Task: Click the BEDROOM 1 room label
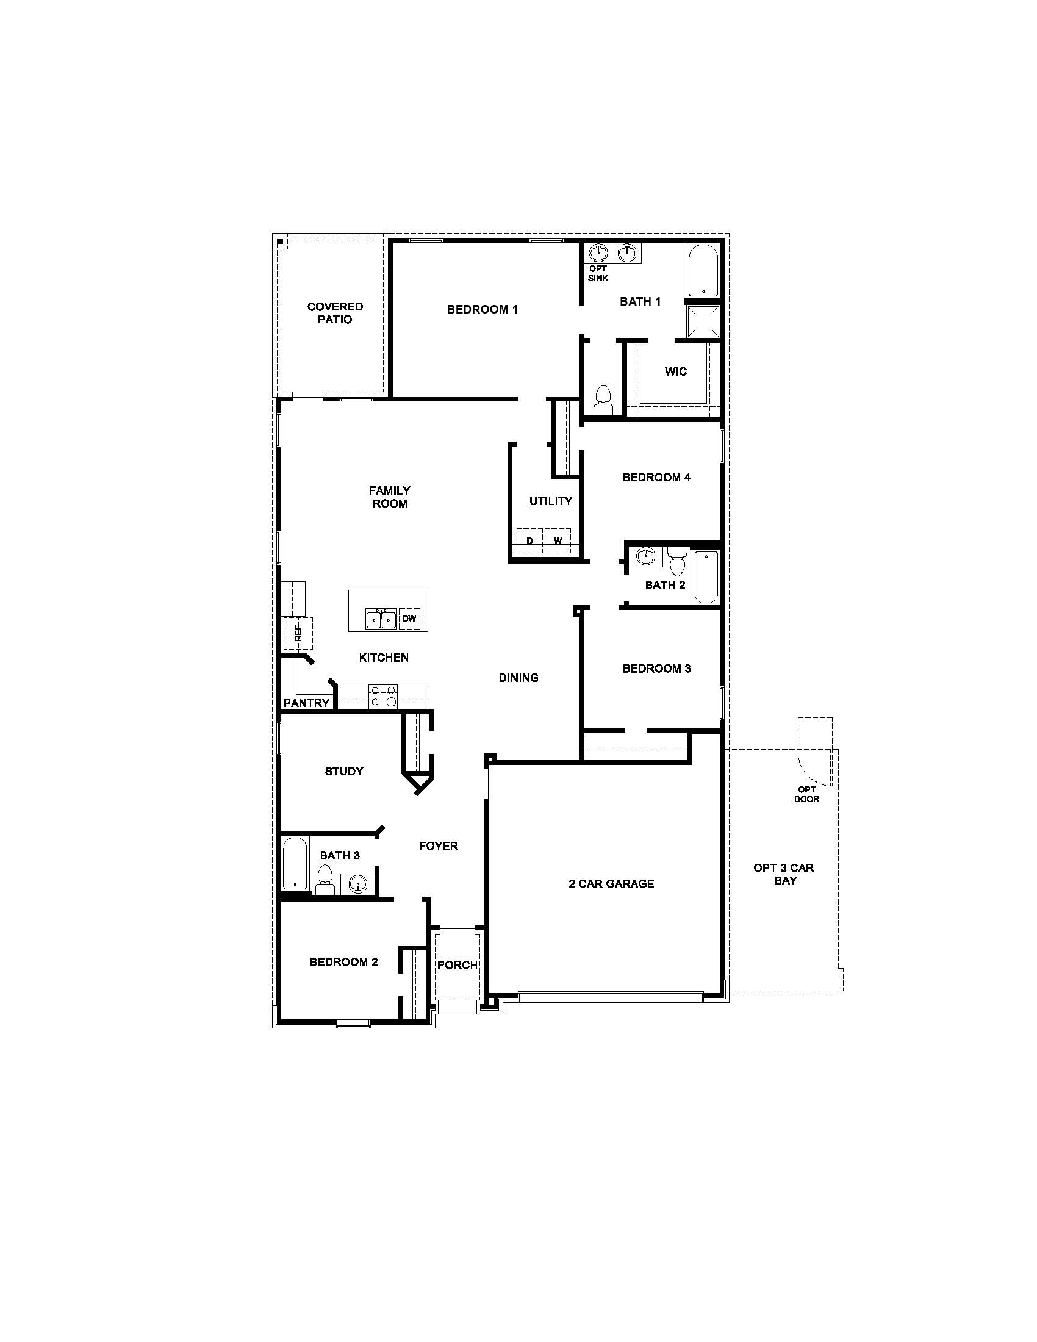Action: (483, 310)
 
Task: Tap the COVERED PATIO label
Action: (335, 313)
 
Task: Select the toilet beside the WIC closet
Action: (603, 400)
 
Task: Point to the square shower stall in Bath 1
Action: (703, 321)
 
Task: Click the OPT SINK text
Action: (598, 273)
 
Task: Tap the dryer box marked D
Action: (529, 540)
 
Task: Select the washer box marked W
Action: (557, 540)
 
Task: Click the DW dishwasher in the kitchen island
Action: (409, 618)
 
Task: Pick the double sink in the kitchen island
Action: (381, 619)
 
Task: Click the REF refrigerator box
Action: (298, 634)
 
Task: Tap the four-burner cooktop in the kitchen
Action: (382, 696)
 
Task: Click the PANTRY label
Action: (307, 703)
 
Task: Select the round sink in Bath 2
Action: (645, 557)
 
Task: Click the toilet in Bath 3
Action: (325, 879)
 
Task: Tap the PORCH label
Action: (457, 965)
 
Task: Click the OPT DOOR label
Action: (806, 794)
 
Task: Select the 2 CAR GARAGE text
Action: (611, 884)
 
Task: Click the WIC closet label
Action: (676, 371)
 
